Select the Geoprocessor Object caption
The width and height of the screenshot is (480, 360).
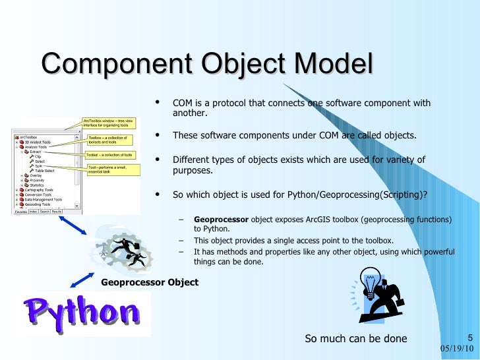pyautogui.click(x=150, y=282)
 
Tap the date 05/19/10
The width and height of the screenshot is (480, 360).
pyautogui.click(x=456, y=348)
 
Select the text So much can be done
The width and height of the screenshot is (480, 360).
pyautogui.click(x=355, y=339)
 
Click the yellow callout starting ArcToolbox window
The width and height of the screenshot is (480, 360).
pyautogui.click(x=109, y=123)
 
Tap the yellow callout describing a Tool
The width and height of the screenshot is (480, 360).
pyautogui.click(x=114, y=170)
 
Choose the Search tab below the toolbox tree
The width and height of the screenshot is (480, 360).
pyautogui.click(x=46, y=212)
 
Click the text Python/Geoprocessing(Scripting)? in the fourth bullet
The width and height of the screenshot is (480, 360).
pyautogui.click(x=346, y=195)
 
